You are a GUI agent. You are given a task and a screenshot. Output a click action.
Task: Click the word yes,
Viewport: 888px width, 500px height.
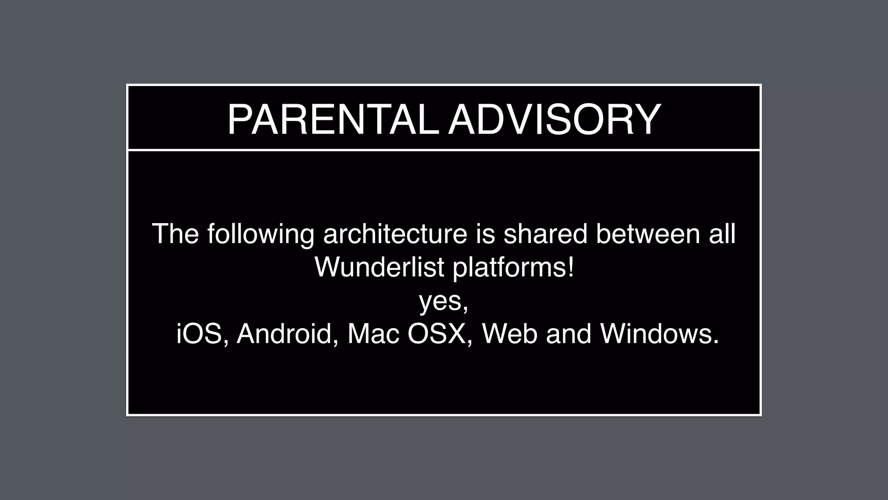(x=444, y=301)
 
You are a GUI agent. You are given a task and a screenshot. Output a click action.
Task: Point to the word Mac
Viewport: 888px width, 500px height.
(x=373, y=334)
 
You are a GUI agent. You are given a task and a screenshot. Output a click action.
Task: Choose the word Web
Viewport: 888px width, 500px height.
(x=509, y=334)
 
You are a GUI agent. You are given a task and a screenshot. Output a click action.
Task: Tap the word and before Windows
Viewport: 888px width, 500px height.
(x=568, y=334)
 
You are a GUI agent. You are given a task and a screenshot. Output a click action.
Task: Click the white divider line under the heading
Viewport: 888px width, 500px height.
(x=444, y=150)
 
